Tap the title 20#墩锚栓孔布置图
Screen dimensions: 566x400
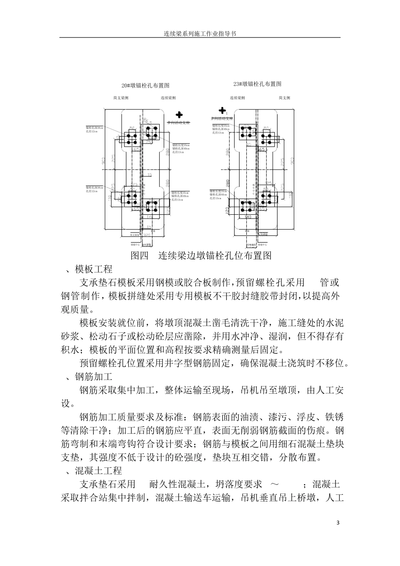pos(145,85)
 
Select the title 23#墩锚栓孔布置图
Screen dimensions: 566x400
pos(257,84)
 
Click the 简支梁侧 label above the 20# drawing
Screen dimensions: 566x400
pos(121,98)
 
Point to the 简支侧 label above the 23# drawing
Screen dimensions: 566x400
pos(284,98)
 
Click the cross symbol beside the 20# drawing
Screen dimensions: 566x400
pos(179,114)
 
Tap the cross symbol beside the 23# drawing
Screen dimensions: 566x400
pos(222,110)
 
